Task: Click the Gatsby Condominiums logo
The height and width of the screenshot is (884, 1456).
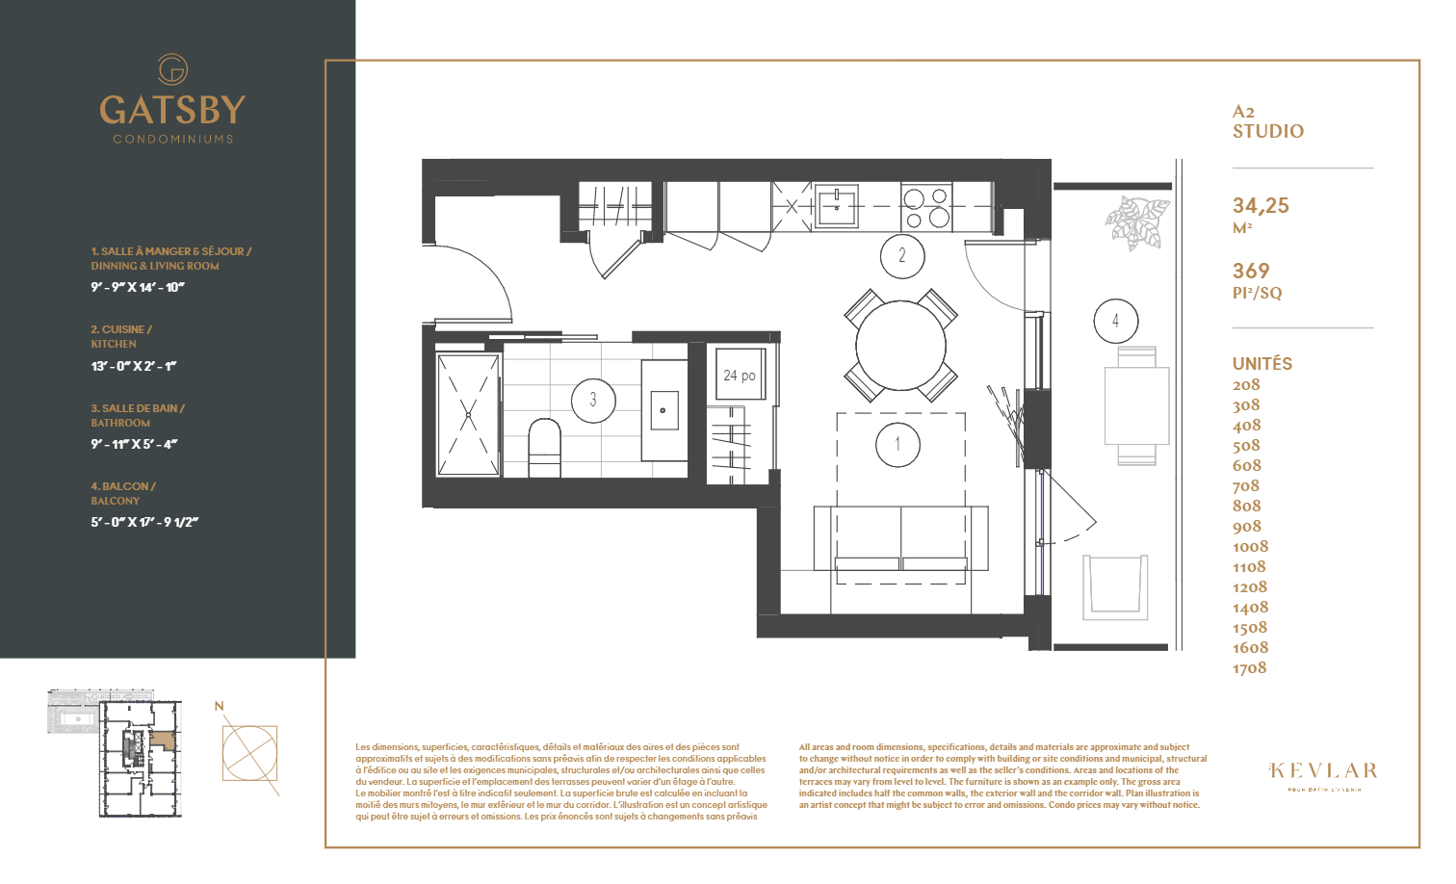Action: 172,99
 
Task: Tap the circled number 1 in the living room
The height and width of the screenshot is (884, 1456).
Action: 897,445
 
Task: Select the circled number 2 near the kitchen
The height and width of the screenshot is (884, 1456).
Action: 902,256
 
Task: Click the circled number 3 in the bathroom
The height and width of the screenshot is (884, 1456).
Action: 593,400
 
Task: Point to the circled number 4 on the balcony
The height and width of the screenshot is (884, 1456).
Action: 1115,321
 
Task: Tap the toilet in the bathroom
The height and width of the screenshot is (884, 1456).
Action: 544,448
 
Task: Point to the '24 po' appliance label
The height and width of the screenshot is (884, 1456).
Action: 740,376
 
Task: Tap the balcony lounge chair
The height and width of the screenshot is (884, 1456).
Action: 1115,586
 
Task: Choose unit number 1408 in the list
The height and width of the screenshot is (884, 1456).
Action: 1250,608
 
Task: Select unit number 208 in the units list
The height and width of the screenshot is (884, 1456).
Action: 1246,385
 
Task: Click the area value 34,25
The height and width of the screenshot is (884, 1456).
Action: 1261,206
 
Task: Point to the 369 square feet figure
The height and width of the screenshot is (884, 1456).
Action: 1251,272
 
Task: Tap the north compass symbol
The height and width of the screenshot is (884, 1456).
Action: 249,752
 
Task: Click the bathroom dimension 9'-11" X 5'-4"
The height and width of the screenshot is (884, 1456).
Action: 134,445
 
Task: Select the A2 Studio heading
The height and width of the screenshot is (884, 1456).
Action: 1267,122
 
